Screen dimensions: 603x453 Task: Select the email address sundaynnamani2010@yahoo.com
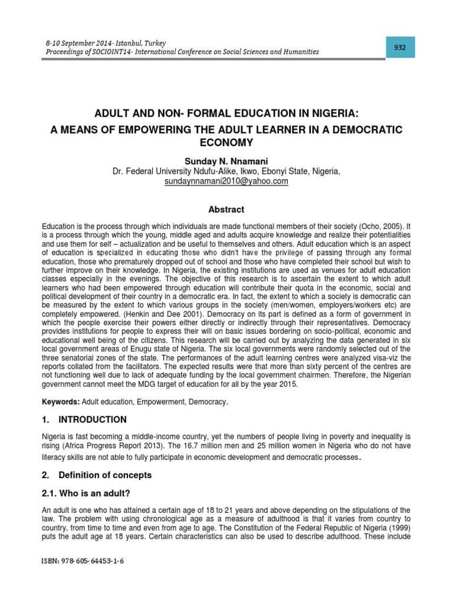(x=226, y=182)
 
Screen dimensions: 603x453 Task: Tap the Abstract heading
(x=226, y=209)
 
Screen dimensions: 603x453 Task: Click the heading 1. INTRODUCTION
(x=84, y=420)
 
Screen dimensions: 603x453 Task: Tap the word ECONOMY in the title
(x=226, y=142)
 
